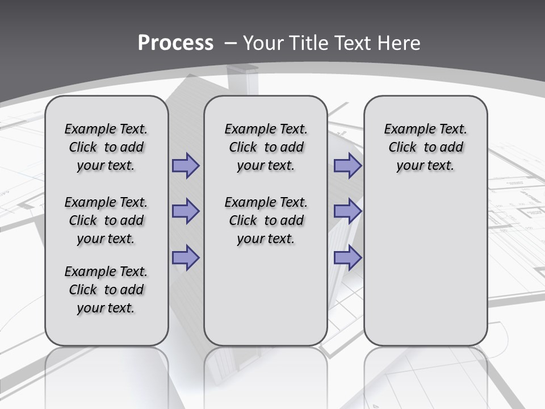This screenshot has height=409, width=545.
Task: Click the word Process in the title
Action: pyautogui.click(x=175, y=43)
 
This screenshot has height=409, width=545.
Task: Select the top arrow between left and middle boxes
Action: pyautogui.click(x=186, y=166)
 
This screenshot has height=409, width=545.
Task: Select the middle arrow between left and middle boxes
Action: pyautogui.click(x=186, y=211)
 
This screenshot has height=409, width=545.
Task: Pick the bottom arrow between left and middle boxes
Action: pyautogui.click(x=186, y=257)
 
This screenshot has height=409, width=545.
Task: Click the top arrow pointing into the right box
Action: pyautogui.click(x=347, y=166)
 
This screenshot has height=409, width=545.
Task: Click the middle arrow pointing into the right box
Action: pyautogui.click(x=347, y=211)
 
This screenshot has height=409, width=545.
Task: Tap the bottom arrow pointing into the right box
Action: pyautogui.click(x=347, y=257)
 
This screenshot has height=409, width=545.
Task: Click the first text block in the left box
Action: pyautogui.click(x=106, y=147)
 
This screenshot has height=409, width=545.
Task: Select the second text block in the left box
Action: pyautogui.click(x=106, y=220)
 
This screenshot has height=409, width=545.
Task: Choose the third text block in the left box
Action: pyautogui.click(x=106, y=290)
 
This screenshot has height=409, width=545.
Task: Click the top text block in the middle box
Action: pyautogui.click(x=266, y=147)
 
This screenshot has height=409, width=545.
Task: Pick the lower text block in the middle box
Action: pyautogui.click(x=266, y=220)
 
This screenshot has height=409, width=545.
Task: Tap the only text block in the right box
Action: pyautogui.click(x=425, y=147)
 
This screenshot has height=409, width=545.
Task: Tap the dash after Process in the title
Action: pyautogui.click(x=230, y=43)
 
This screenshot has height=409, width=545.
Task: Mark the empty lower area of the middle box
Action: pyautogui.click(x=266, y=295)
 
